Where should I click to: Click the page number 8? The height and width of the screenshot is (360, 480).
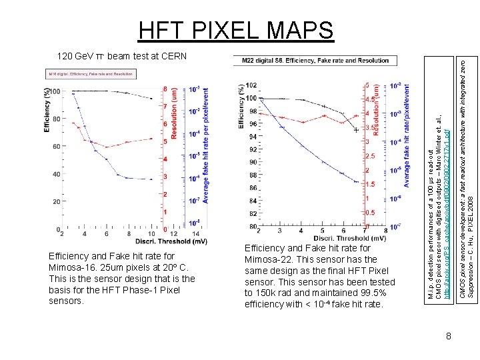(x=449, y=337)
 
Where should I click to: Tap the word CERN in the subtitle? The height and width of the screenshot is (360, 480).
(x=173, y=55)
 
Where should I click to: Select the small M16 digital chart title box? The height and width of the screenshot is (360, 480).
(x=90, y=73)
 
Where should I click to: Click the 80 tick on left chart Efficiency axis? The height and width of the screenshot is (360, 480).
(x=57, y=119)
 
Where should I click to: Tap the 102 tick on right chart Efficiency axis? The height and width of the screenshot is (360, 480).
(x=251, y=85)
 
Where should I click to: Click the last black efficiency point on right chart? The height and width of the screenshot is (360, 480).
(x=356, y=131)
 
